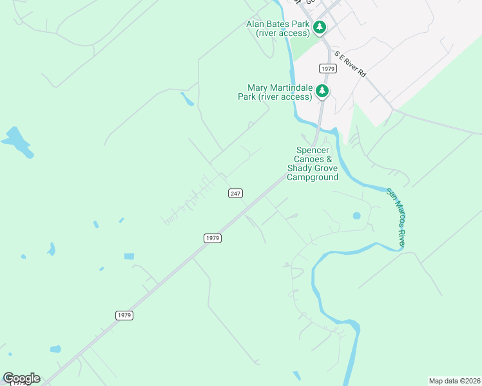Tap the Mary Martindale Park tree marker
322,91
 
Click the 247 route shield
235,193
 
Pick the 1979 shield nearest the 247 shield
213,238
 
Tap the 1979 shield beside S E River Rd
328,68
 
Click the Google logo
21,378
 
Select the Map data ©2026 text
454,380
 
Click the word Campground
313,177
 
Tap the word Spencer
313,150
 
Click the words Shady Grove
313,168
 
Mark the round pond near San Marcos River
356,216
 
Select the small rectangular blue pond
130,256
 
